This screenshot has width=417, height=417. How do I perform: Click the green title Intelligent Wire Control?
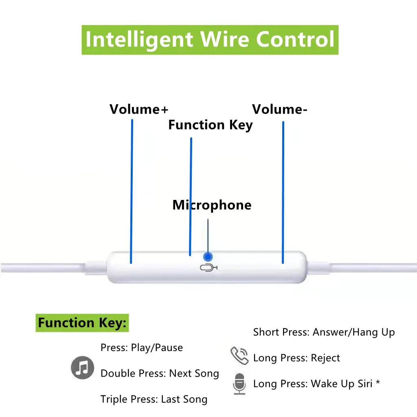coord(210,40)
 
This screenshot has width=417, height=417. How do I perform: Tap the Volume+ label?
coord(138,109)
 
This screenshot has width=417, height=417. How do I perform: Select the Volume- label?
coord(280,109)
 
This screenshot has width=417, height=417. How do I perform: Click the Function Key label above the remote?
coord(211,125)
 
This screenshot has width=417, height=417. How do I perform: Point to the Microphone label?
coord(212,205)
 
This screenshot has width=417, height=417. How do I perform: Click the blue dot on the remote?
coord(208,257)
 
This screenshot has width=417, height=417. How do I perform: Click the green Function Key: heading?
coord(82,323)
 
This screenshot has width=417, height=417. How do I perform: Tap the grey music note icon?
coord(83,368)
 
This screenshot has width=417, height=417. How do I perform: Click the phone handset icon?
coord(239,356)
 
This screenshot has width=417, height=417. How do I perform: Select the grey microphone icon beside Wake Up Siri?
coord(239,384)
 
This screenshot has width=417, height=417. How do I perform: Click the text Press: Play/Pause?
coord(142,348)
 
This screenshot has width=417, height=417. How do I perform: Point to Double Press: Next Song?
coord(160,373)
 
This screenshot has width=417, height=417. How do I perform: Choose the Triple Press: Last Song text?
coord(154,399)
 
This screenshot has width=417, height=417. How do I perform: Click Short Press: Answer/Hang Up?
coord(324,332)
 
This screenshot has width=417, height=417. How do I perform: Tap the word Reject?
coord(325,358)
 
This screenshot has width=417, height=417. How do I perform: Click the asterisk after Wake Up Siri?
coord(378,382)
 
